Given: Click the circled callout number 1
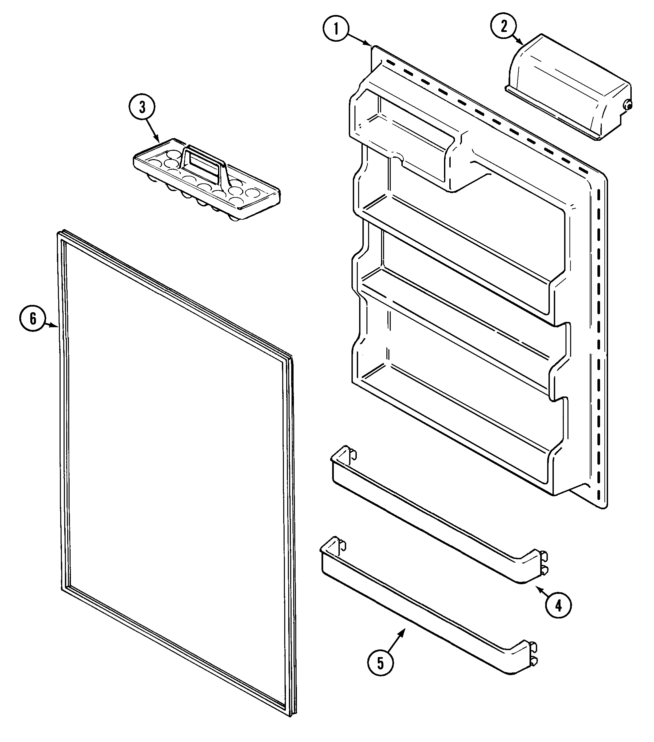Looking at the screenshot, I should coord(336,29).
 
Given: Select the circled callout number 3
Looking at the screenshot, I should coord(142,108).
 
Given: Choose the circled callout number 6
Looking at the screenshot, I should coord(33,319).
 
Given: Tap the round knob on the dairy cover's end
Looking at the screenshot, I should coord(627,106).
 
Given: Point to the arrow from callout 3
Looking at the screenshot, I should coord(152,131).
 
